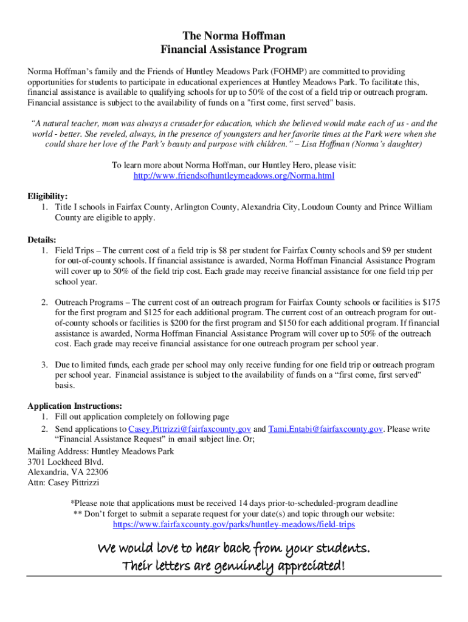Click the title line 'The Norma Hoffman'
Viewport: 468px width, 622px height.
[x=234, y=36]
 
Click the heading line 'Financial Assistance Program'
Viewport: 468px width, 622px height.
[x=234, y=50]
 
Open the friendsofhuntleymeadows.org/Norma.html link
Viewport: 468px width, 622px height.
[x=234, y=176]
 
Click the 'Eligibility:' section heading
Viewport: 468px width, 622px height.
[x=47, y=196]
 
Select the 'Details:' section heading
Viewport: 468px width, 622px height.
[x=42, y=239]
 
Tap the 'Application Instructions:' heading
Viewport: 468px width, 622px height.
[x=75, y=406]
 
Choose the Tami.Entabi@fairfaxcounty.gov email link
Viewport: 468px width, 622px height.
[x=325, y=429]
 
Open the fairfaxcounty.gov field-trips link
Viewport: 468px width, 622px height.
[x=234, y=524]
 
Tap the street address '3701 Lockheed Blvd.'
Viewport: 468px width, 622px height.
[x=61, y=462]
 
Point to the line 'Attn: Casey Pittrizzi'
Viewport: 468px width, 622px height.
[x=63, y=483]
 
